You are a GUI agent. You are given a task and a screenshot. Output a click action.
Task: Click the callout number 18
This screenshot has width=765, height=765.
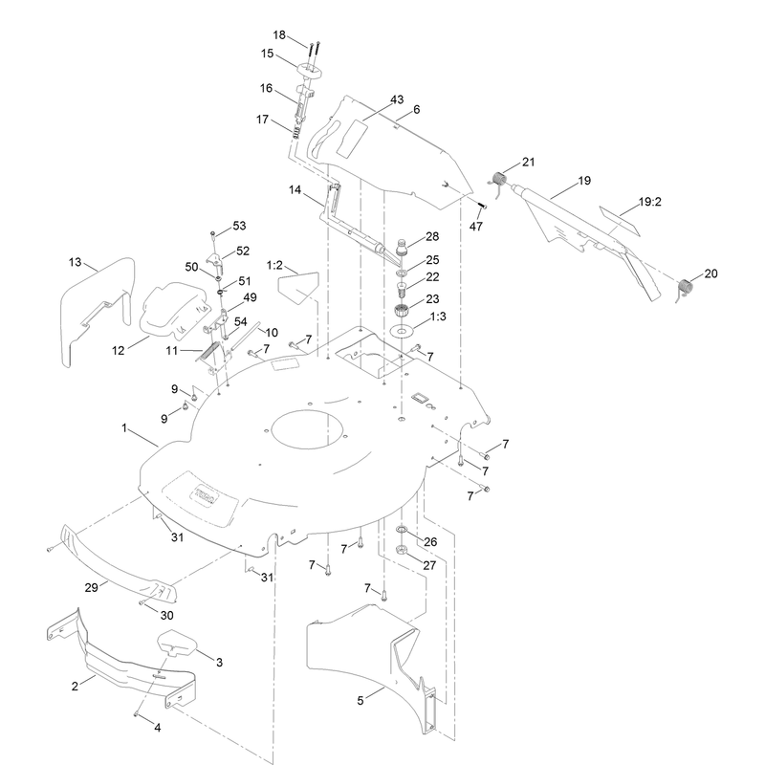(279, 35)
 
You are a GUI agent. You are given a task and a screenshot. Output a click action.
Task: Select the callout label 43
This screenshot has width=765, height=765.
(397, 99)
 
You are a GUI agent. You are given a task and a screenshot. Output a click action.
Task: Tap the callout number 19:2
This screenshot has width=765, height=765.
(650, 202)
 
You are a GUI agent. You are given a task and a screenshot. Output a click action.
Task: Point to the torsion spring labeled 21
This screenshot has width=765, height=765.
(498, 180)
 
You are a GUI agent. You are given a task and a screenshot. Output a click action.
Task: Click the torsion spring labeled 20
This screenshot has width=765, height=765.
(686, 286)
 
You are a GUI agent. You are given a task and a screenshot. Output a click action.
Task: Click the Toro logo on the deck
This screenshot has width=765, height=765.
(207, 494)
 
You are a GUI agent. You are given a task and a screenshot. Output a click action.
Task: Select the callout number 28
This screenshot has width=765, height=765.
(432, 236)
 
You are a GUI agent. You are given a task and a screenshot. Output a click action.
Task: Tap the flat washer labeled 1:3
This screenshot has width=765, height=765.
(402, 331)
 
